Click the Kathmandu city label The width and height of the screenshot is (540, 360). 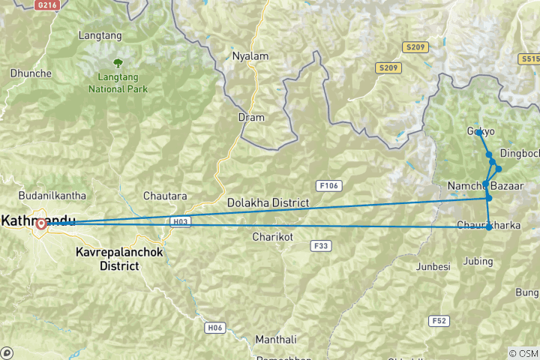coord(37,220)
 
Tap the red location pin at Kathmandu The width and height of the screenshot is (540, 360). coord(40,224)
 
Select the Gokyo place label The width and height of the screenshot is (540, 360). coord(481,131)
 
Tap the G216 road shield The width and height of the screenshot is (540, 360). coord(46,4)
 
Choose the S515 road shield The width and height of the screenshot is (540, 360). coord(529,58)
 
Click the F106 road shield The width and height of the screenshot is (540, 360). coord(327,184)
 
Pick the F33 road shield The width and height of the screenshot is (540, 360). coord(322,245)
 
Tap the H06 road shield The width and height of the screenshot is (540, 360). coord(215,327)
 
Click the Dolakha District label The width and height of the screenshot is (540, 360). coord(269,203)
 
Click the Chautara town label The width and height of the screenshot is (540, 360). coord(165,196)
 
